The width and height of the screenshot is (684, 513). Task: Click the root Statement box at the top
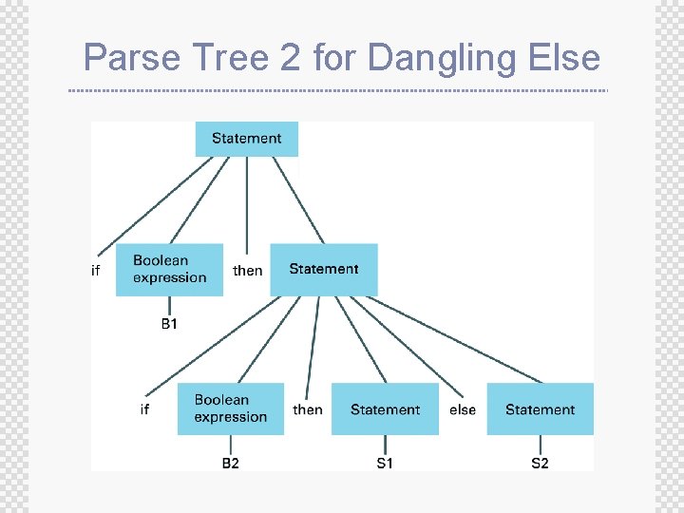[246, 139]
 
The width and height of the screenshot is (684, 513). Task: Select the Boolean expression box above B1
[169, 270]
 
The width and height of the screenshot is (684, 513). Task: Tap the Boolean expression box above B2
[230, 409]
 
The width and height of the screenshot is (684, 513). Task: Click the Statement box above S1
[385, 409]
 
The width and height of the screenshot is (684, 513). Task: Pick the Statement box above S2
[540, 409]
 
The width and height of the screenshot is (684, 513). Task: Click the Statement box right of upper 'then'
[324, 270]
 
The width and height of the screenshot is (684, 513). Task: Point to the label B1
[169, 324]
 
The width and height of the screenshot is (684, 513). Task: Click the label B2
[231, 463]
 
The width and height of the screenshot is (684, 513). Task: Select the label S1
[385, 463]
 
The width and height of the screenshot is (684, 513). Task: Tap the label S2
[540, 463]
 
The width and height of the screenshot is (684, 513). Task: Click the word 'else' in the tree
[463, 409]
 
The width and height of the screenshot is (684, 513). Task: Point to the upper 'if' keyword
[95, 271]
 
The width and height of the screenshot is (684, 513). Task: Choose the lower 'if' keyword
[144, 409]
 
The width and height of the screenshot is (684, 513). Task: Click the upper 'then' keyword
[248, 271]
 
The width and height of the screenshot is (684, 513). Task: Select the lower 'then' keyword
[308, 409]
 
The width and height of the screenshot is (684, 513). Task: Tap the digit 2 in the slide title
[289, 58]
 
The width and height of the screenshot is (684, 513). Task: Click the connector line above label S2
[540, 445]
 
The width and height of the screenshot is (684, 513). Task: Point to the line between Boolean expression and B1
[169, 305]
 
